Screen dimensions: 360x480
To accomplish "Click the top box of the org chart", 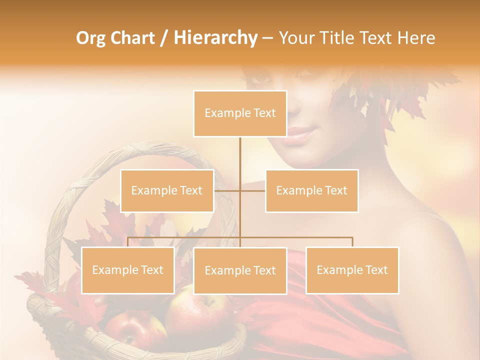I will click(x=240, y=113).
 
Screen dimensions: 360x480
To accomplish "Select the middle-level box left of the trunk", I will click(x=167, y=190).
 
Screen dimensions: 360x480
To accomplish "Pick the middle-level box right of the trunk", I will click(x=311, y=190).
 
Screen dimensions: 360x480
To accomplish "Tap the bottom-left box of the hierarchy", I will click(x=128, y=270).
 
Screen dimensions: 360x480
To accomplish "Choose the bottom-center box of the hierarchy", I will click(x=240, y=270).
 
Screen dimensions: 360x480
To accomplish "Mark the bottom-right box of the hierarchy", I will click(x=352, y=270).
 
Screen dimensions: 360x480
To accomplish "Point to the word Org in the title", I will click(x=91, y=38).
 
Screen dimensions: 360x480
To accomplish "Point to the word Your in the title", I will click(x=297, y=38).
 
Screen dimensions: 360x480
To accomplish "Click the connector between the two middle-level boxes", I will click(x=240, y=190).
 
